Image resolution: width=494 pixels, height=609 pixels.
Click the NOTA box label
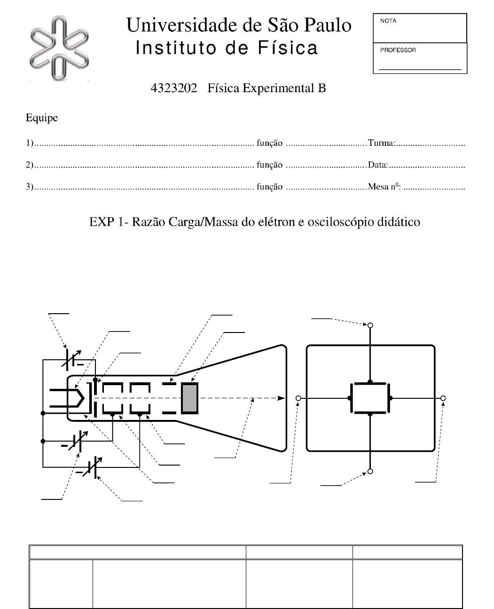(x=388, y=21)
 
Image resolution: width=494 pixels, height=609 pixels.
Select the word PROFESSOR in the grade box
(x=398, y=50)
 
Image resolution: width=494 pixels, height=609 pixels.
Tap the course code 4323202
(x=173, y=88)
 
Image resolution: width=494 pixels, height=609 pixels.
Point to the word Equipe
(x=41, y=118)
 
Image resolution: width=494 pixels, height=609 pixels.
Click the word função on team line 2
(x=269, y=165)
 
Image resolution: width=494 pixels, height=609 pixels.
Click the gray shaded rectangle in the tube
(x=190, y=398)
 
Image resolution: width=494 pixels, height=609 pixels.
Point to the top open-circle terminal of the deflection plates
(x=370, y=325)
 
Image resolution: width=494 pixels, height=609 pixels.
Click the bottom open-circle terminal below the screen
(x=370, y=471)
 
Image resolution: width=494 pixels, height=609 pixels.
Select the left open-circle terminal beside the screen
(x=298, y=398)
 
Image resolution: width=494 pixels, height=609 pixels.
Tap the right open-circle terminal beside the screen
(x=443, y=398)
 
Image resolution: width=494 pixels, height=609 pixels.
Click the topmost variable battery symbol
(x=72, y=359)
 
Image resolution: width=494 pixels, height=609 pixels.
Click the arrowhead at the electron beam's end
(x=282, y=398)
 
